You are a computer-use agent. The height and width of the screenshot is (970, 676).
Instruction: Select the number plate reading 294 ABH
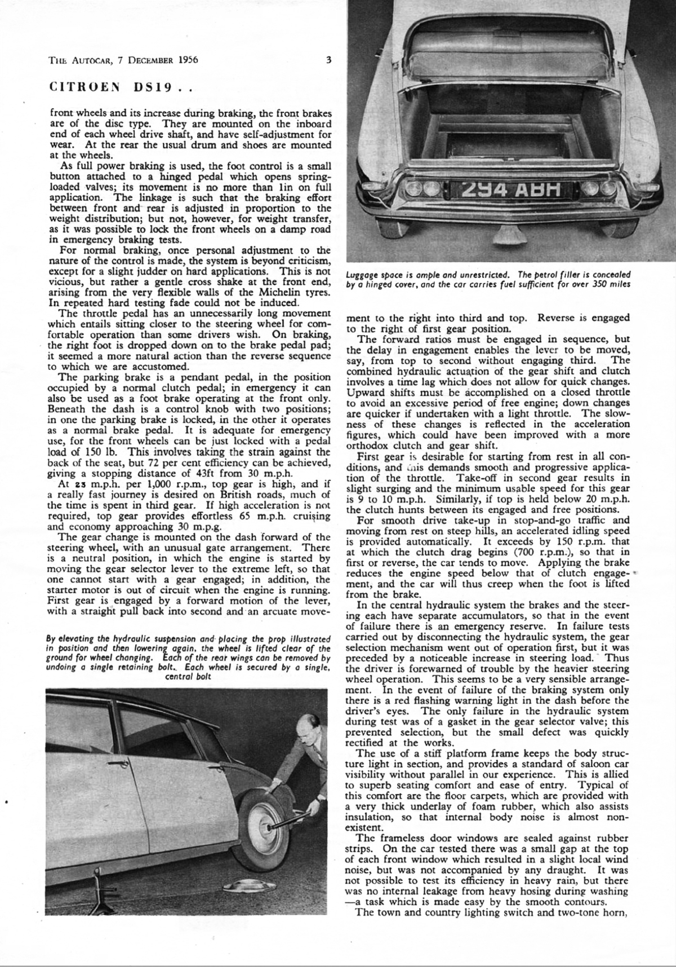(x=510, y=192)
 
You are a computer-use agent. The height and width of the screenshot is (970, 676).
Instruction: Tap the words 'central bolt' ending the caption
(x=188, y=676)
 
